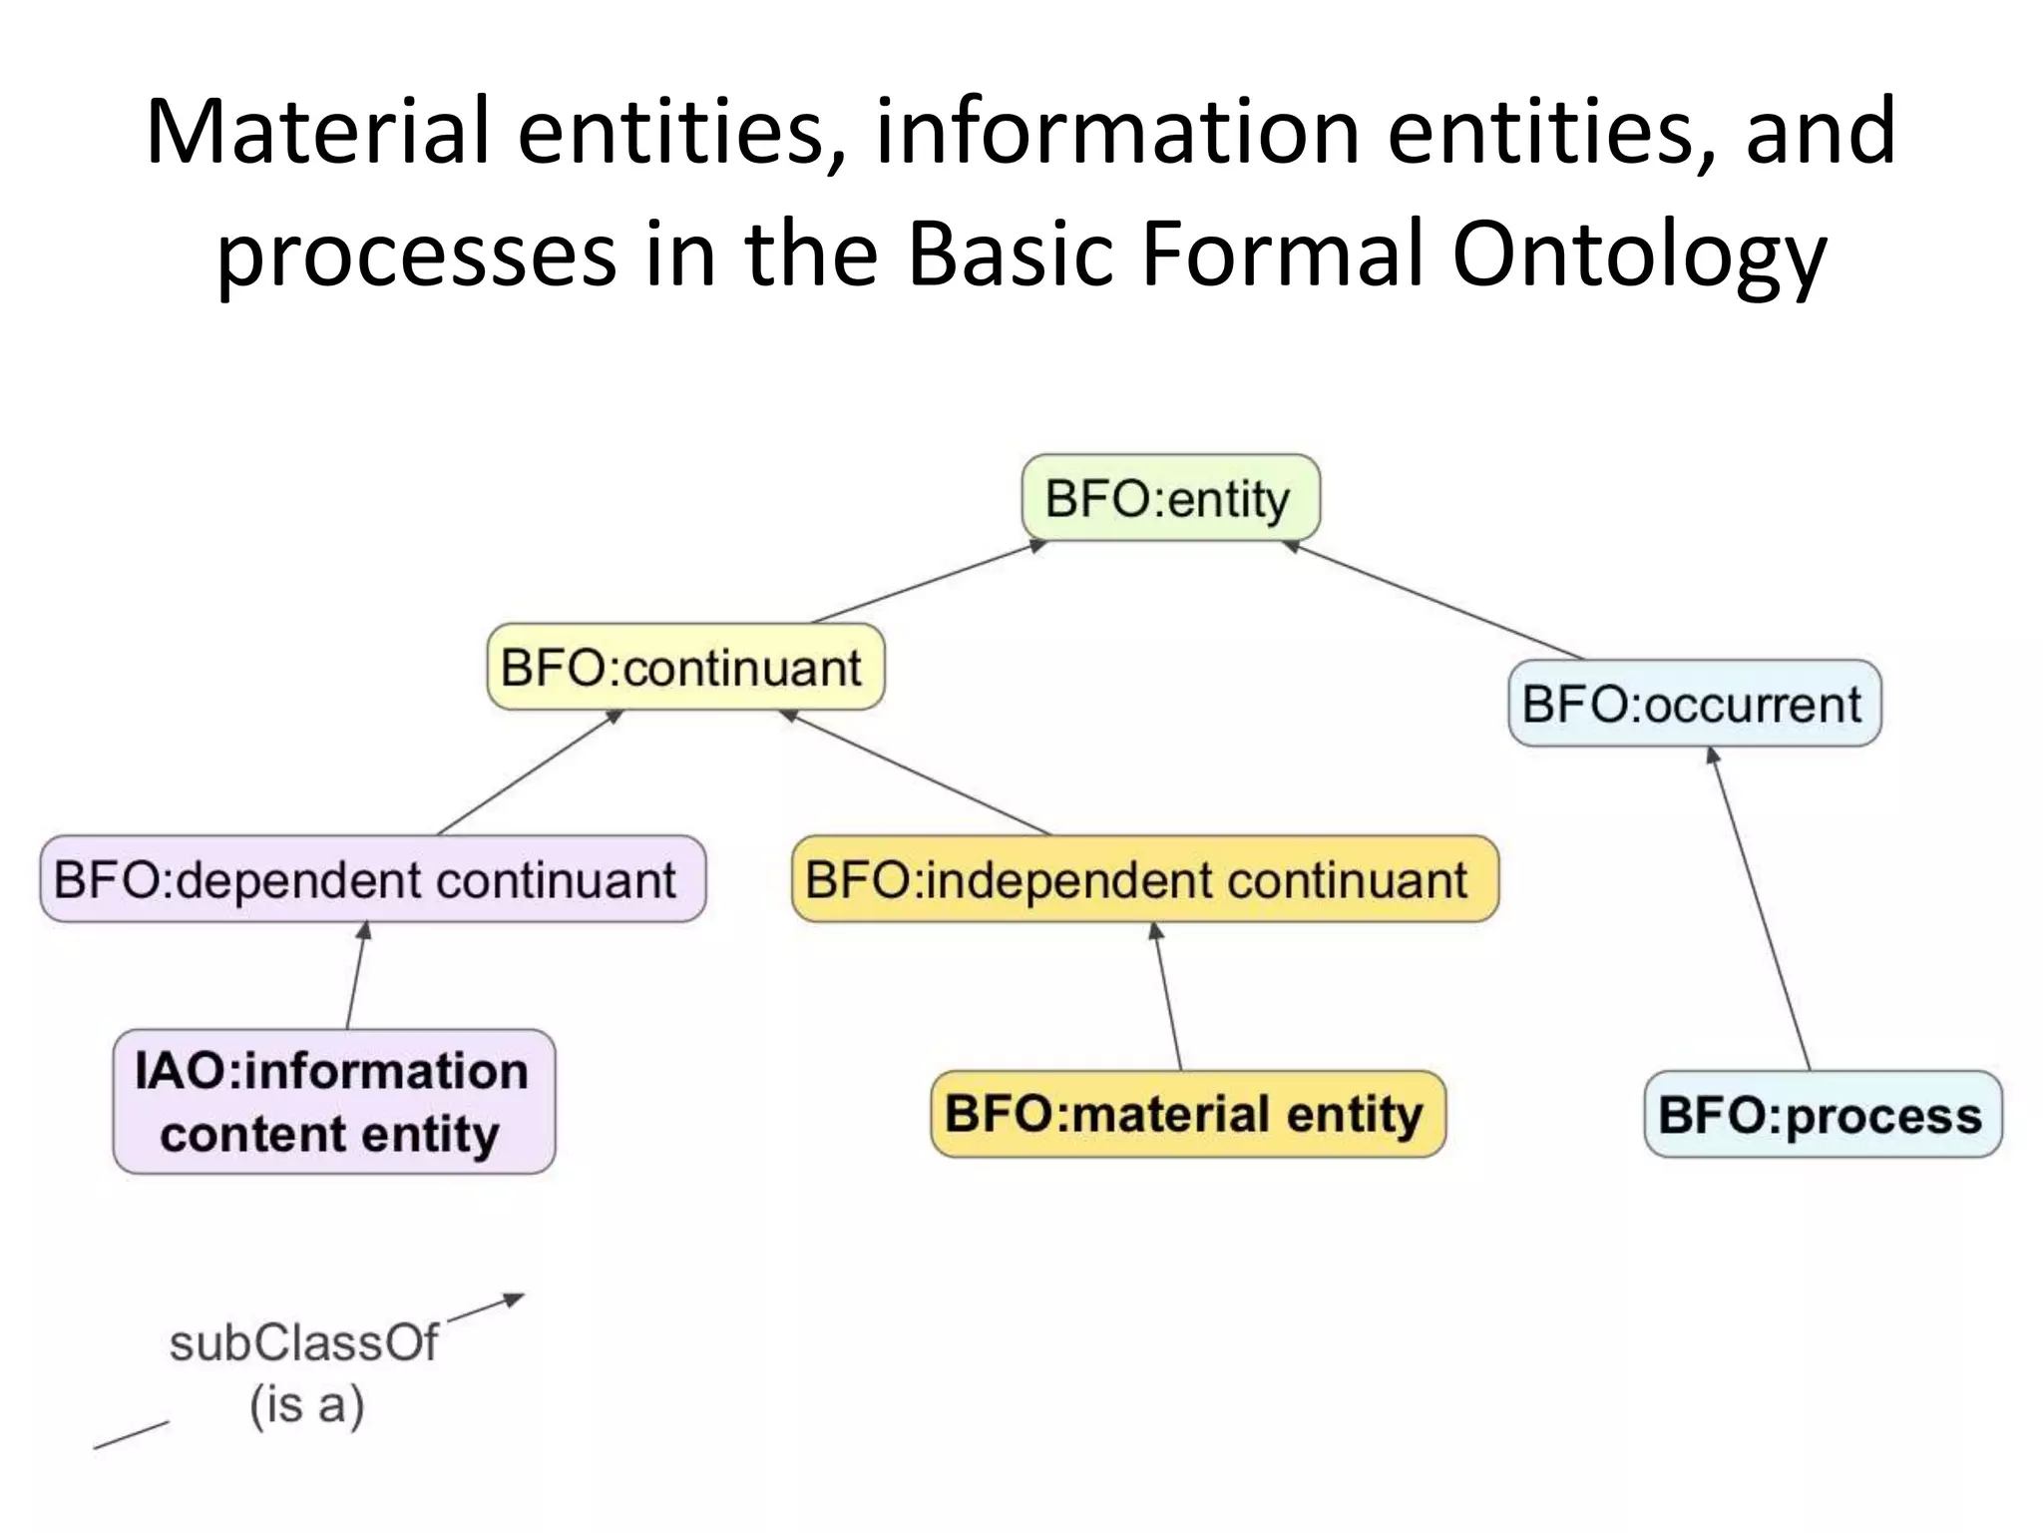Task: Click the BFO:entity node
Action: coord(1170,498)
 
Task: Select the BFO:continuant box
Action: coord(684,667)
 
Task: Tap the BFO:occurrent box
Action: coord(1694,704)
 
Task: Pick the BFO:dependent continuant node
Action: coord(371,879)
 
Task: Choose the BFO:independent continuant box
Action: coord(1143,879)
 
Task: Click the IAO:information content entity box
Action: coord(333,1101)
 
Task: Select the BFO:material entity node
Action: coord(1187,1114)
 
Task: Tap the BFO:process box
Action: coord(1822,1114)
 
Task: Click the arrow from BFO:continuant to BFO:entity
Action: coord(928,581)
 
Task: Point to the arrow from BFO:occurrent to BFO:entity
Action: coord(1432,599)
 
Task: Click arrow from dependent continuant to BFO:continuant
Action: coord(529,771)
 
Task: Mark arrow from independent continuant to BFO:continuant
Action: coord(915,771)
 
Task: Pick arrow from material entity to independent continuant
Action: coord(1168,995)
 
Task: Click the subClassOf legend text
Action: coord(303,1342)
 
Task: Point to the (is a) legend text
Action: coord(306,1405)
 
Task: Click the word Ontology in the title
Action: coord(1638,254)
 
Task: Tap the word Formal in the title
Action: coord(1282,254)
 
